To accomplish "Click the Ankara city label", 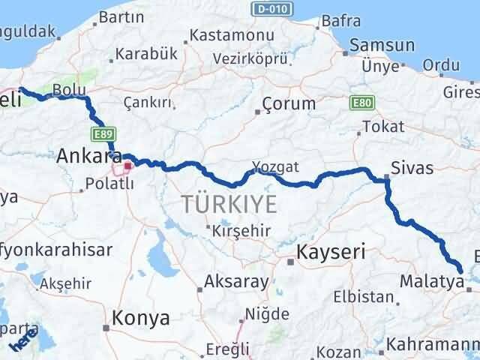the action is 89,157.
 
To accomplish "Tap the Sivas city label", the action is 409,166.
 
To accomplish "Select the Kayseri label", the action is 331,252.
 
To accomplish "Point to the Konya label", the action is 140,318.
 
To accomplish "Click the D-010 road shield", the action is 271,8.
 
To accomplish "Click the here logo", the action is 22,343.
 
